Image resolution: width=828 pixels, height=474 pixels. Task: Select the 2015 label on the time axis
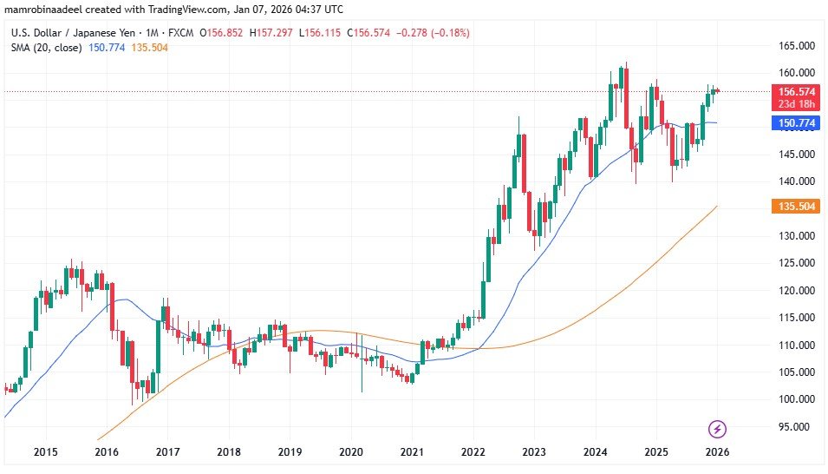click(x=45, y=452)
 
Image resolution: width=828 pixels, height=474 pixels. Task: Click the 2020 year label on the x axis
click(x=350, y=452)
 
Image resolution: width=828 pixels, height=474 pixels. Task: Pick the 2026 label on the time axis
click(x=716, y=452)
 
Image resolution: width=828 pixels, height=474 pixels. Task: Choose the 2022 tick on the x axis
click(x=473, y=452)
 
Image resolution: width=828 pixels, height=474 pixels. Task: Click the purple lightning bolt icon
click(x=717, y=428)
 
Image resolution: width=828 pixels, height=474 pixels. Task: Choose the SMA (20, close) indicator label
click(x=46, y=47)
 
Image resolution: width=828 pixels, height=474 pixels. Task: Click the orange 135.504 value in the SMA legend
click(x=149, y=47)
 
